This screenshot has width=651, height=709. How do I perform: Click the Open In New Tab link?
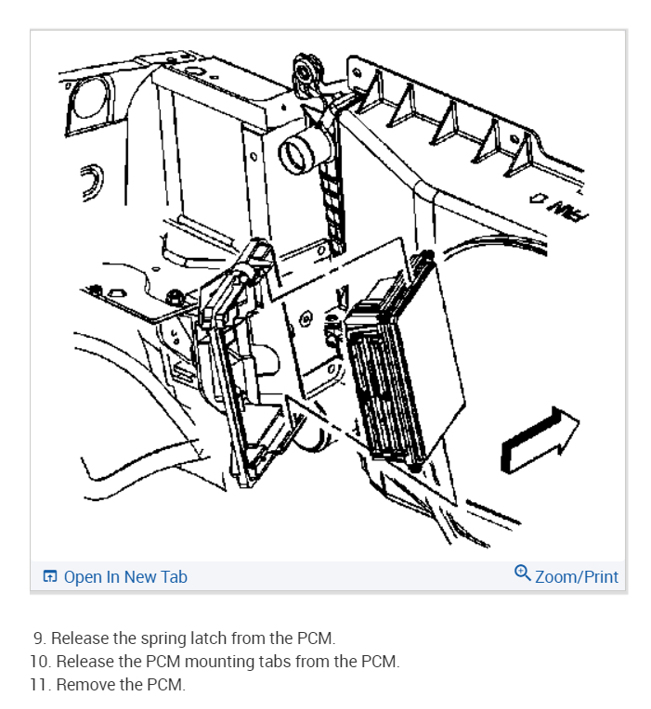coord(125,577)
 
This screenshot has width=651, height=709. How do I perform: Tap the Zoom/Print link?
coord(577,577)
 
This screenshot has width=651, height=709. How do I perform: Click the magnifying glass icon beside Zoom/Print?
coord(523,573)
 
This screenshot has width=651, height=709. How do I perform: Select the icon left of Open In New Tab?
coord(50,576)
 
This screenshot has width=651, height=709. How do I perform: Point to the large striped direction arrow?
coord(539,440)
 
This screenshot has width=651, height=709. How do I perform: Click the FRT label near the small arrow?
coord(566,210)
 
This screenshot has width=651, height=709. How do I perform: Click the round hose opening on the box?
coord(297,152)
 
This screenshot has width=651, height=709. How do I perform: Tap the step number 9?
coord(40,638)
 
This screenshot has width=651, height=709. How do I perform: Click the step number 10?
coord(41,661)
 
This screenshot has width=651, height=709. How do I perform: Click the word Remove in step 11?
coord(83,684)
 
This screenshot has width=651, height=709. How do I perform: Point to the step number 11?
coord(40,684)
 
